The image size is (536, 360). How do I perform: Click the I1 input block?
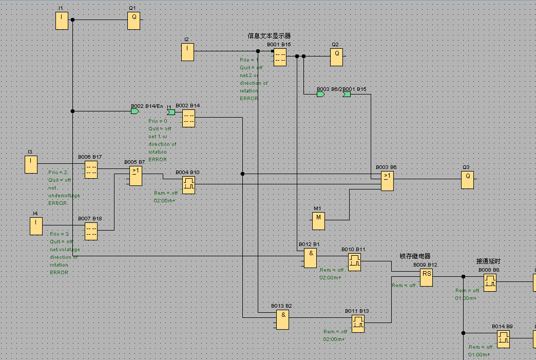click(62, 21)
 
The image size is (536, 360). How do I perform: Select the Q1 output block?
click(134, 21)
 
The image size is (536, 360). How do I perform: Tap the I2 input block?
click(187, 52)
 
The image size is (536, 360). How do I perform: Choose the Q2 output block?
click(336, 57)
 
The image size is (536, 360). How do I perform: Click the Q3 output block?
click(467, 180)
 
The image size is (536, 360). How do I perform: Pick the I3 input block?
click(31, 164)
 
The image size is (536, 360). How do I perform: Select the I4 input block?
click(36, 226)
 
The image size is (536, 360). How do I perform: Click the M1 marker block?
click(319, 221)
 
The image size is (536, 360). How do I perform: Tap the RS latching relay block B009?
click(427, 278)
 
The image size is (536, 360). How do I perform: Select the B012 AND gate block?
click(311, 258)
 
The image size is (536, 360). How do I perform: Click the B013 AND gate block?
click(282, 319)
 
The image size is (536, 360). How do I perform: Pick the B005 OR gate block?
click(136, 176)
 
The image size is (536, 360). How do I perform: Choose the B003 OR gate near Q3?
click(387, 181)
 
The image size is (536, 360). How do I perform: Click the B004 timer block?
click(188, 185)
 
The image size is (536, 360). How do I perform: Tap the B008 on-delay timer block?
click(490, 282)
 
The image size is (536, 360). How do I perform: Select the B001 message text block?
click(280, 57)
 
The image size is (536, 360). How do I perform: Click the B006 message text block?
click(91, 169)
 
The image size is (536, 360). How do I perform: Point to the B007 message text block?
click(91, 231)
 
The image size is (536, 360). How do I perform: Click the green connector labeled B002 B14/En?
click(135, 111)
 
